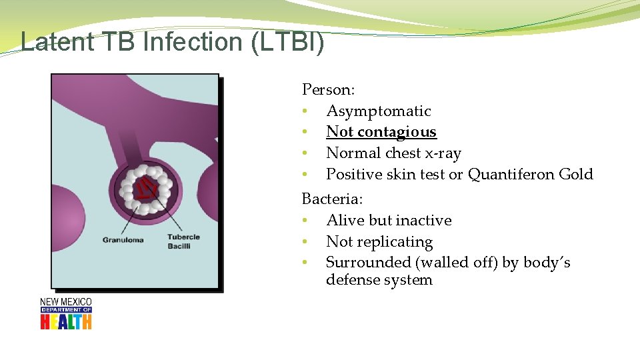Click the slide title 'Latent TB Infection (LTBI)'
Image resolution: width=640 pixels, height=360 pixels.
(x=172, y=41)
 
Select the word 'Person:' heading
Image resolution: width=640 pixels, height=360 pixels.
(x=328, y=89)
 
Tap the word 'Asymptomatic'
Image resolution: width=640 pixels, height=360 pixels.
(x=378, y=111)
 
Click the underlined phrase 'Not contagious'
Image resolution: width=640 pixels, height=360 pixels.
(x=381, y=132)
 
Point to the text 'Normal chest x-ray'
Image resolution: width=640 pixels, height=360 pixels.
(x=393, y=153)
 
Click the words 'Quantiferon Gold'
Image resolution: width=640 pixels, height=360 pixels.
(x=530, y=175)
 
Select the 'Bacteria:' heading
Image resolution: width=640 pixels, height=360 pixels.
(x=332, y=199)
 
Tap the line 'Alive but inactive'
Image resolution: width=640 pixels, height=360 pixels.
(x=389, y=221)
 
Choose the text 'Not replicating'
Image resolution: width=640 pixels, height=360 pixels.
(x=379, y=242)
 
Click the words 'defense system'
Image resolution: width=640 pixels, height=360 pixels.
(x=379, y=280)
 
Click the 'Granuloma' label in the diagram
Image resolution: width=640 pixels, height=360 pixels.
(x=123, y=240)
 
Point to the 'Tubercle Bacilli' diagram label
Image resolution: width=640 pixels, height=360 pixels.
(x=183, y=241)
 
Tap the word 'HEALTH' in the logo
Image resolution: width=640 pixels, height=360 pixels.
(x=66, y=322)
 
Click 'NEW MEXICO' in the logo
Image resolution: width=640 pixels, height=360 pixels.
(x=66, y=302)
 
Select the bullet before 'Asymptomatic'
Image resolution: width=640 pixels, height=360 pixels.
(x=304, y=111)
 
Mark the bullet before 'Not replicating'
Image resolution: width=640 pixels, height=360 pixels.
(x=304, y=242)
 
